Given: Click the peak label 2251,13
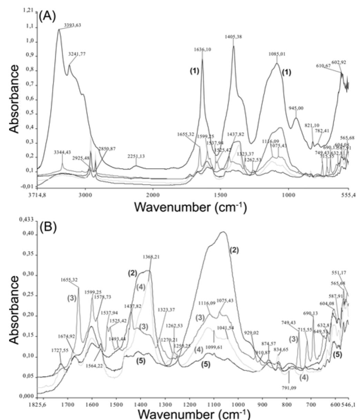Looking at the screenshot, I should (136, 156).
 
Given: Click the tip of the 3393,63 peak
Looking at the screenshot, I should (59, 29).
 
